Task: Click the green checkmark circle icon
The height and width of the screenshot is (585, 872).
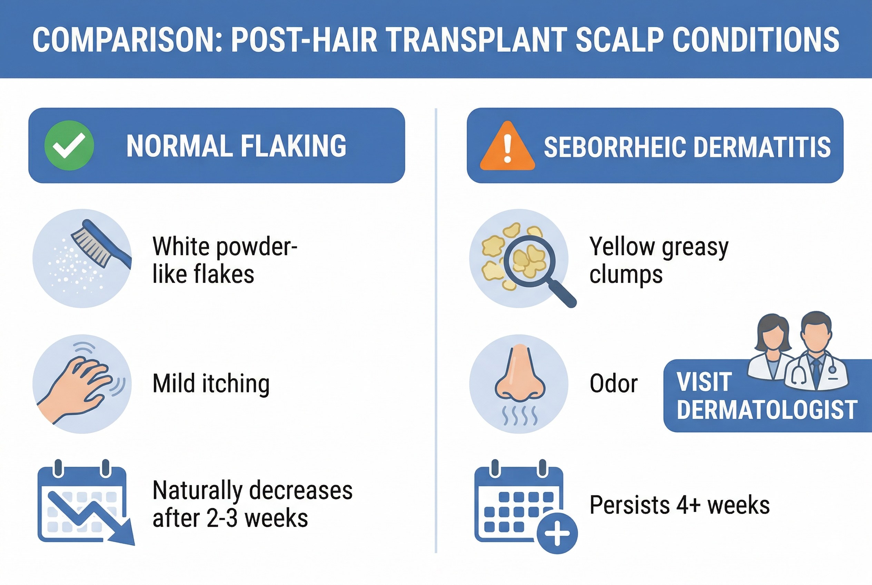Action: [x=69, y=146]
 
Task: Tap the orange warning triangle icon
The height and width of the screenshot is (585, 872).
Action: [x=507, y=146]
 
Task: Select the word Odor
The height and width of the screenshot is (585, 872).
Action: [x=614, y=384]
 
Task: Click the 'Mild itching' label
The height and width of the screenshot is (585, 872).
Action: [x=211, y=384]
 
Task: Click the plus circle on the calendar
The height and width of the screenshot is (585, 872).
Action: [x=557, y=534]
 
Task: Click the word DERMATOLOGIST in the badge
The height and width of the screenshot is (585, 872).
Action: [x=767, y=409]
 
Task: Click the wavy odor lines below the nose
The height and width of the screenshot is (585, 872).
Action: [x=520, y=416]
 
